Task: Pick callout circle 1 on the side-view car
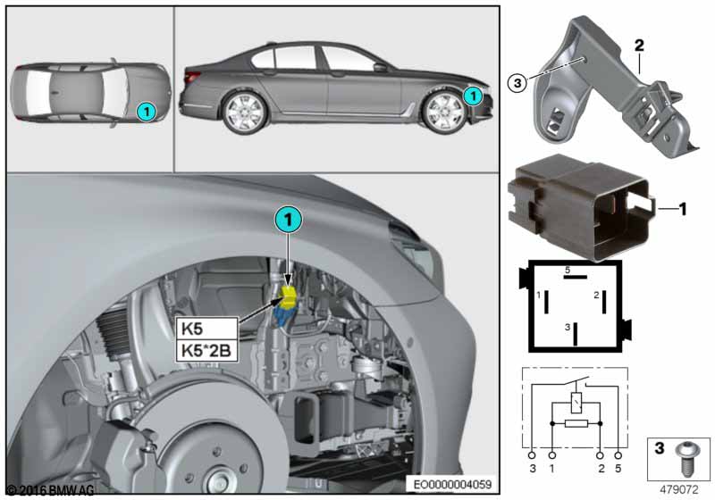[473, 93]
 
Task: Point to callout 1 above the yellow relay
[287, 217]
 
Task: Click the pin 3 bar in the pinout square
[576, 333]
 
